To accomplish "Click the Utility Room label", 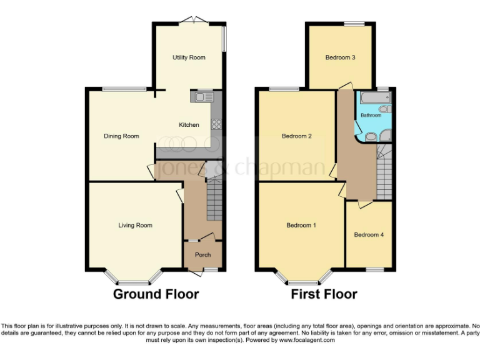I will [x=189, y=57].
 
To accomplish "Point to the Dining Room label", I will [x=121, y=136].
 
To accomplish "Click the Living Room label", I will [x=135, y=226].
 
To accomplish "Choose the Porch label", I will [x=202, y=255].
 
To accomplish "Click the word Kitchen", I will [x=189, y=125].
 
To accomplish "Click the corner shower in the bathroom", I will [x=386, y=134].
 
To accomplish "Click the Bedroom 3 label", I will [x=340, y=57].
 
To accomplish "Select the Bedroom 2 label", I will [x=296, y=136].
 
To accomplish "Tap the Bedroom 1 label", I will [x=301, y=225].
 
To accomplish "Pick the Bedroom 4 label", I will [x=369, y=235].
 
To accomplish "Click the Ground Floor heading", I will [x=156, y=294].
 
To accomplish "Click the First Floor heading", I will [x=324, y=294].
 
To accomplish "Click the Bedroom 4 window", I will [x=375, y=269].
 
